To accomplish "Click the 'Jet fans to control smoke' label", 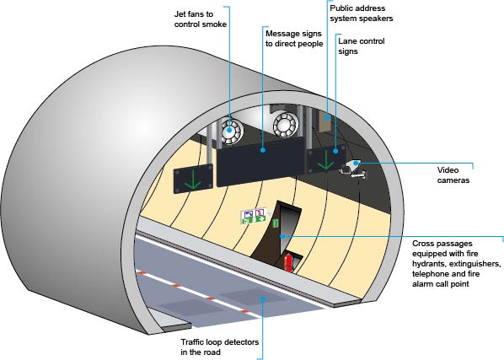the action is click(x=201, y=19).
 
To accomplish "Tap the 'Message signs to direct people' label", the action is click(x=294, y=39).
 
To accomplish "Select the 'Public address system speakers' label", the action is click(x=362, y=13).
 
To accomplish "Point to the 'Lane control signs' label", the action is click(x=362, y=46).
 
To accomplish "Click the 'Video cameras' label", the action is click(x=453, y=175).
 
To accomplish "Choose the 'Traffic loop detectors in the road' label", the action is click(x=219, y=347).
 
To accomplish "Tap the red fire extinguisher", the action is click(x=288, y=263).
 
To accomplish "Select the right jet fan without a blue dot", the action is click(x=286, y=124).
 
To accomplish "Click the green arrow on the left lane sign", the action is click(x=192, y=180).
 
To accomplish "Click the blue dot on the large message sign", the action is click(x=263, y=150).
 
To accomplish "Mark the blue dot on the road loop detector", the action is click(x=263, y=298).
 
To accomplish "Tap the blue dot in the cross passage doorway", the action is click(x=282, y=236).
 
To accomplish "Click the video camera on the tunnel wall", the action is click(x=353, y=169).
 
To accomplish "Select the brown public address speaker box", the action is click(x=325, y=121).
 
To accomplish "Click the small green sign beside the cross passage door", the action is click(x=276, y=223).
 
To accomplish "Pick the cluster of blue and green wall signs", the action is click(x=254, y=216).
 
